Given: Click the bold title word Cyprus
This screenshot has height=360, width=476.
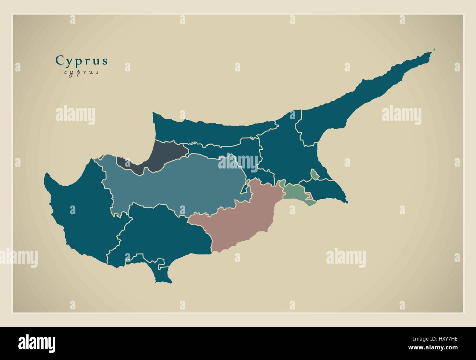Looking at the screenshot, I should point(82,60).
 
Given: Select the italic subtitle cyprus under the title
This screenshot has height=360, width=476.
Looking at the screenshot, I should point(81,72).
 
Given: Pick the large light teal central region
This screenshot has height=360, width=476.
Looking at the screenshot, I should point(176,183).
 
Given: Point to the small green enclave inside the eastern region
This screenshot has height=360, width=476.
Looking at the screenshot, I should point(314,175).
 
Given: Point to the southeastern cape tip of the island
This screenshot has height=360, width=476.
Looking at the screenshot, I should point(346,202).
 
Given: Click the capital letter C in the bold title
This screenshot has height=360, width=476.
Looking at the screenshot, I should point(59,60).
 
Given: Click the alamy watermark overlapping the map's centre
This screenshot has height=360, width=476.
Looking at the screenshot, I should point(238,162).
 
